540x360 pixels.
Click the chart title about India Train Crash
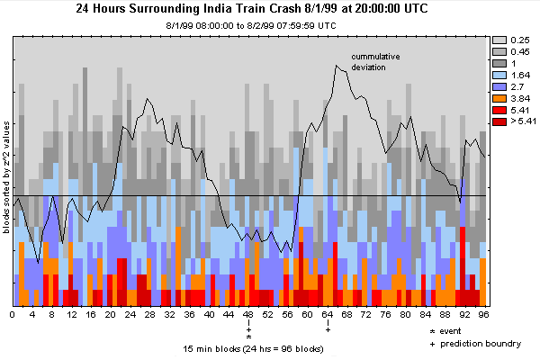[270, 9]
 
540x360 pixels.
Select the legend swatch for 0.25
[499, 41]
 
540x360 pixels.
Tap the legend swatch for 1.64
[499, 76]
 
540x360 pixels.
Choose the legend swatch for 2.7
[499, 86]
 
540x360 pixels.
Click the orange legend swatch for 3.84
[499, 98]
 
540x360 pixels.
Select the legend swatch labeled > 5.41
[499, 121]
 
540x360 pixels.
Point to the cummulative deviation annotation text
[375, 60]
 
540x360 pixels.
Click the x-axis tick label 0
[13, 315]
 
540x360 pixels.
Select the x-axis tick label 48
[248, 315]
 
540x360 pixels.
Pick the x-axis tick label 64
[328, 315]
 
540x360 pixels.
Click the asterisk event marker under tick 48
[248, 336]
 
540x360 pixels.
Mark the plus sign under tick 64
[328, 329]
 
